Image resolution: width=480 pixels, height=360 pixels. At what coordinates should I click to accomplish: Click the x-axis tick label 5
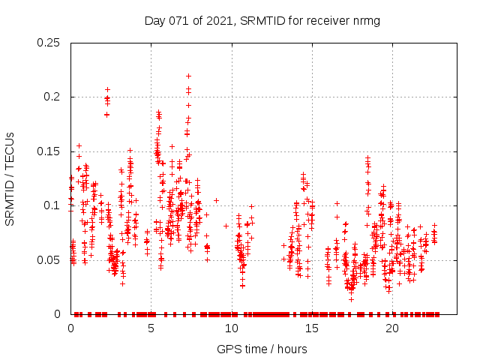pyautogui.click(x=151, y=328)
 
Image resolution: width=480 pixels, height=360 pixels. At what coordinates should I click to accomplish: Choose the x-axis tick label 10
pyautogui.click(x=232, y=328)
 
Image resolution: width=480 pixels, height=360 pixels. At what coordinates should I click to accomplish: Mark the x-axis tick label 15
pyautogui.click(x=312, y=328)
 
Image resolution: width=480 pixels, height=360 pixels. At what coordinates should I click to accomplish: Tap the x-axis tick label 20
pyautogui.click(x=392, y=328)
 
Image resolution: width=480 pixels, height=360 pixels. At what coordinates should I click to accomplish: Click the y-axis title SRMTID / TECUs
pyautogui.click(x=10, y=178)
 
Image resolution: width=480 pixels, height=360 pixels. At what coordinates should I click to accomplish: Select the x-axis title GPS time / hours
pyautogui.click(x=262, y=349)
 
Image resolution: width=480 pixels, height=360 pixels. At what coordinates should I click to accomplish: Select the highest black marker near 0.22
pyautogui.click(x=188, y=76)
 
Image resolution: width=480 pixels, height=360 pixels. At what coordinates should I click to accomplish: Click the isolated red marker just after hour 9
pyautogui.click(x=216, y=200)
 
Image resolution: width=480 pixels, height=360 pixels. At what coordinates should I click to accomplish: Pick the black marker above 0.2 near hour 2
pyautogui.click(x=107, y=89)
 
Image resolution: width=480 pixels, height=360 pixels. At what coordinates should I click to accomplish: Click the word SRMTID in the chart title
pyautogui.click(x=262, y=20)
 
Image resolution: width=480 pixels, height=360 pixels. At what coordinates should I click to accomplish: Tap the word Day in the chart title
pyautogui.click(x=155, y=20)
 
